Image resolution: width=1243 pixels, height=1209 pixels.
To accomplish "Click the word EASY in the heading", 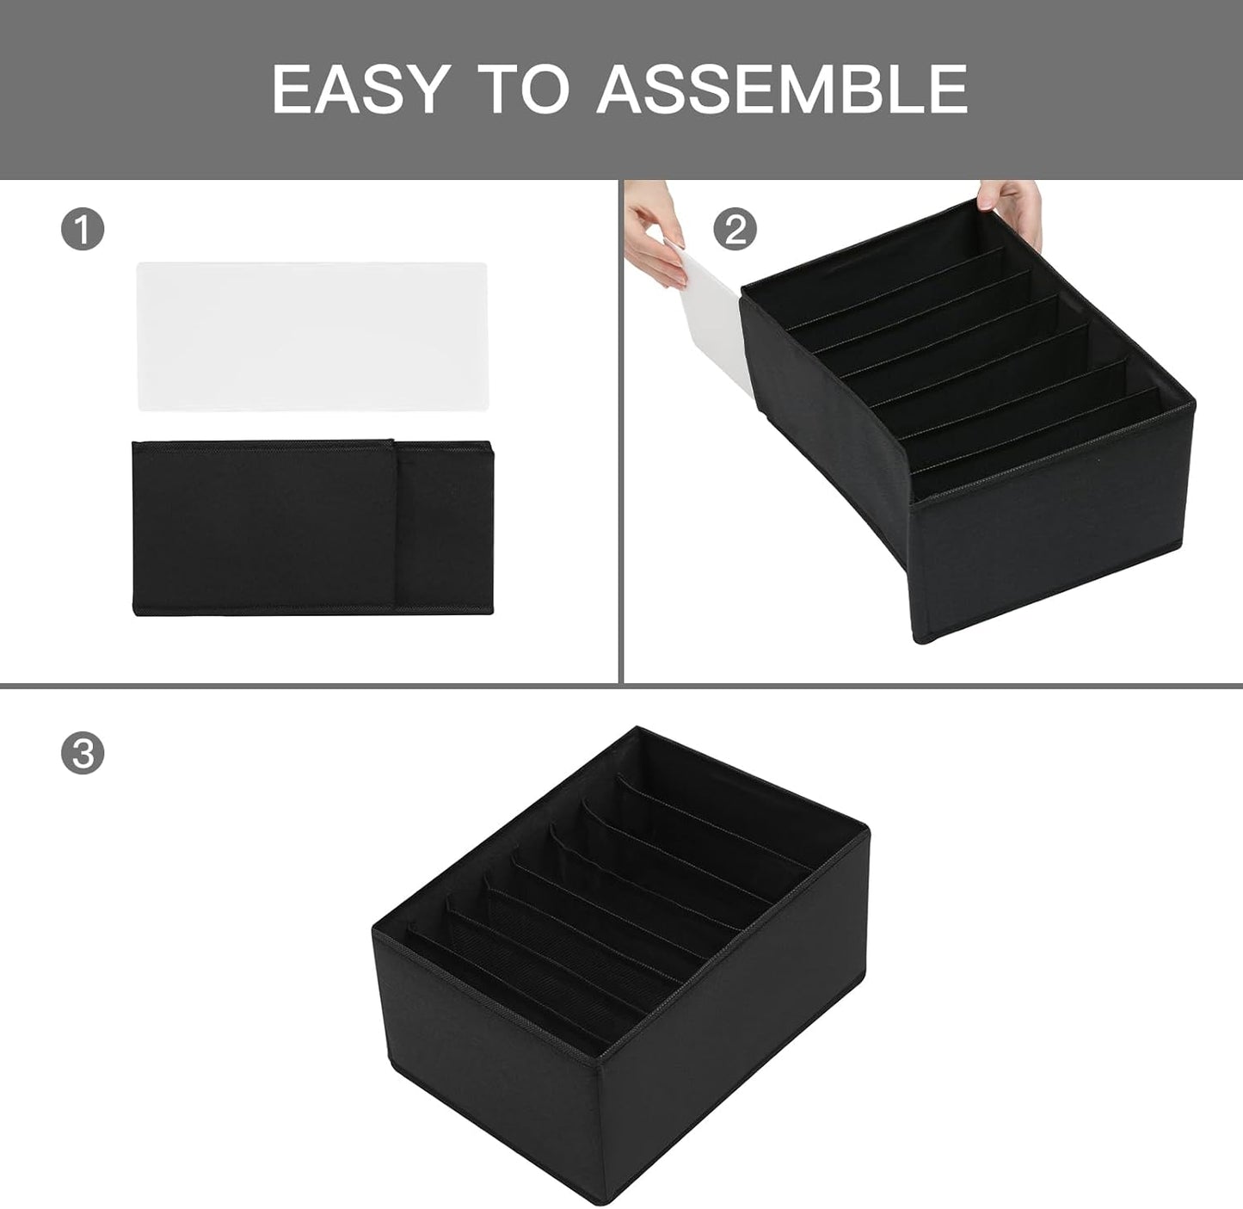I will point(361,89).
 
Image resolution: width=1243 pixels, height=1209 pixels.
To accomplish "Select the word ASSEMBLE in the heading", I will point(782,89).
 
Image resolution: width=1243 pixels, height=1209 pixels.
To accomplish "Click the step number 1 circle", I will point(83,231).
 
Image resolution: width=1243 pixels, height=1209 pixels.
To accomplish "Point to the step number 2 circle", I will point(735,230).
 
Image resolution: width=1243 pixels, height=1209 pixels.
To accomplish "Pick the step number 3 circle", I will point(83,755).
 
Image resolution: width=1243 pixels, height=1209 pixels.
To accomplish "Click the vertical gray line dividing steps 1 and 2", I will point(620,430).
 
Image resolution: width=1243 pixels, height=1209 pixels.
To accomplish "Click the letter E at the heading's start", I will point(292,89).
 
